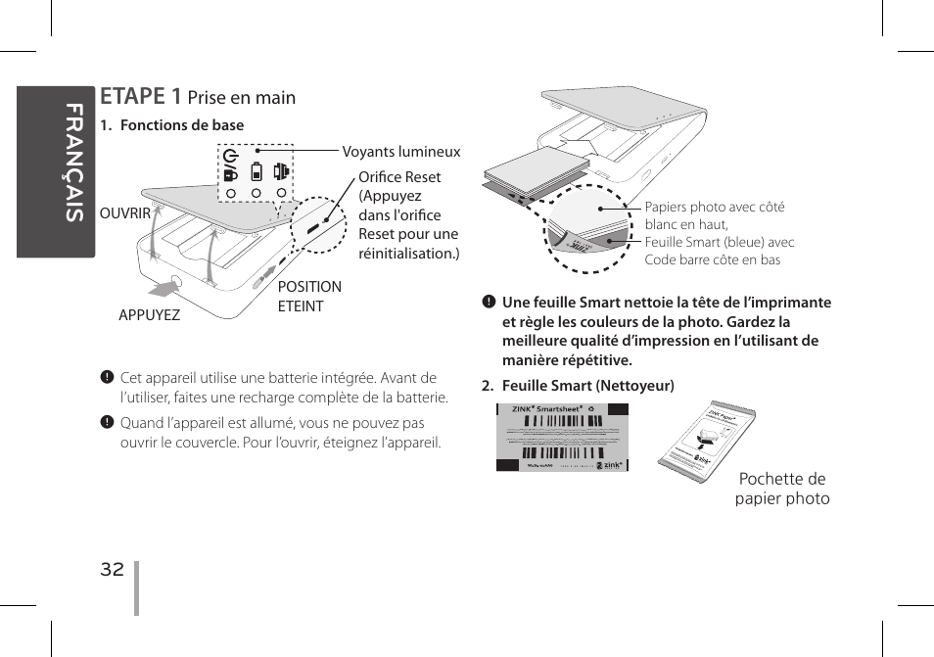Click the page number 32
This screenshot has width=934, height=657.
113,570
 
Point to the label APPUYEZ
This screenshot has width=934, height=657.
149,315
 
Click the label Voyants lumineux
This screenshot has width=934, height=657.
400,152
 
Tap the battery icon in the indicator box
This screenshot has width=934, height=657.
257,171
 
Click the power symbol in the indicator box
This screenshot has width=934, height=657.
230,156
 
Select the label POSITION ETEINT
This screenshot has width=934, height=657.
309,296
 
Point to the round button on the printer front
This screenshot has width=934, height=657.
175,286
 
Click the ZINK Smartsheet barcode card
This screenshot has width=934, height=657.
562,438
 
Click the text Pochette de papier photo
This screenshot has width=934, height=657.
782,489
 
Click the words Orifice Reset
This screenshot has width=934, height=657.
399,177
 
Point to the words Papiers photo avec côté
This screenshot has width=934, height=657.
714,207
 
